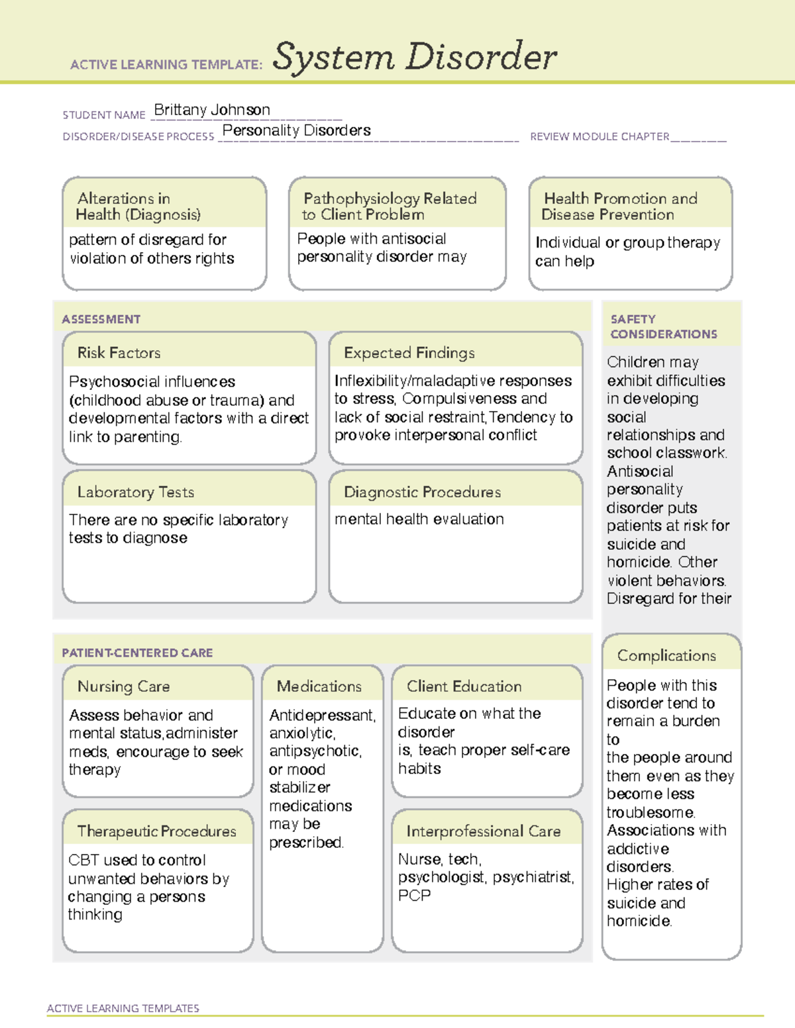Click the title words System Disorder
[x=415, y=57]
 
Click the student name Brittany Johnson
[x=212, y=110]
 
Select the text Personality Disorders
[x=296, y=130]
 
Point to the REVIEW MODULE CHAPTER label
[x=600, y=137]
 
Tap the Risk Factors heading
[x=119, y=353]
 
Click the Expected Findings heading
[x=409, y=353]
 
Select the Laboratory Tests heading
[x=135, y=492]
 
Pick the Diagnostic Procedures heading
[x=422, y=492]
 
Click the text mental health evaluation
[x=419, y=520]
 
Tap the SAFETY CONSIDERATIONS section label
[x=663, y=327]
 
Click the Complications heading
[x=666, y=655]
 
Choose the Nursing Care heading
[x=123, y=686]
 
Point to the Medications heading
[x=319, y=686]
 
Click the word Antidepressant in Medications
[x=322, y=716]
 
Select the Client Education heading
[x=464, y=686]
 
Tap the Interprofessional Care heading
[x=483, y=831]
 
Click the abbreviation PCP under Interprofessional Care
[x=414, y=896]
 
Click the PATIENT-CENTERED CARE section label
[x=137, y=653]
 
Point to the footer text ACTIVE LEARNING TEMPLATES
[x=123, y=1008]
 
